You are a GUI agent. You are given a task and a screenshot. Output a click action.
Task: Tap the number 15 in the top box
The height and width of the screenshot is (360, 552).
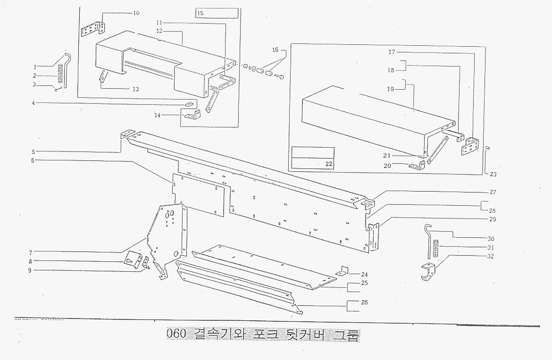pyautogui.click(x=201, y=13)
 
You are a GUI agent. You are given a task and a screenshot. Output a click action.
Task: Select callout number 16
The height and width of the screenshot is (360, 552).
pyautogui.click(x=276, y=50)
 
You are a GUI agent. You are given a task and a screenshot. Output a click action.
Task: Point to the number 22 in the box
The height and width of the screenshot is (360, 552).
pyautogui.click(x=329, y=164)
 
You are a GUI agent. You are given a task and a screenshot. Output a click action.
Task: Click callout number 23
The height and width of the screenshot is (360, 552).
pyautogui.click(x=493, y=174)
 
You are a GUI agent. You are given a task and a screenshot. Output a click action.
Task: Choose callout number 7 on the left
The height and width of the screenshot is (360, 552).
pyautogui.click(x=30, y=252)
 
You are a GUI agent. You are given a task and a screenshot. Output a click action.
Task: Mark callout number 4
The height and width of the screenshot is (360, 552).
pyautogui.click(x=33, y=102)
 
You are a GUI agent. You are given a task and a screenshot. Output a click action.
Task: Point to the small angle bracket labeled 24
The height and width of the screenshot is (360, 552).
pyautogui.click(x=343, y=271)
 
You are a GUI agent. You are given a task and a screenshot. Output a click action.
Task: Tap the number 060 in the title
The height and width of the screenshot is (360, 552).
pyautogui.click(x=177, y=334)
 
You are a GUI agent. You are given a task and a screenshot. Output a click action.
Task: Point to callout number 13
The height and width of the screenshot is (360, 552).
pyautogui.click(x=135, y=89)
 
